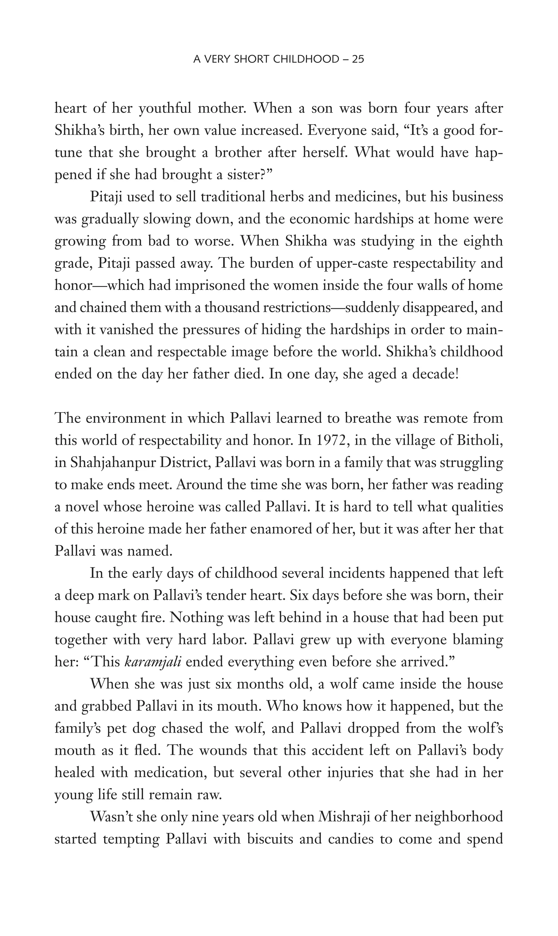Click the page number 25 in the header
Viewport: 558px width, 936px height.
click(x=357, y=59)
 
